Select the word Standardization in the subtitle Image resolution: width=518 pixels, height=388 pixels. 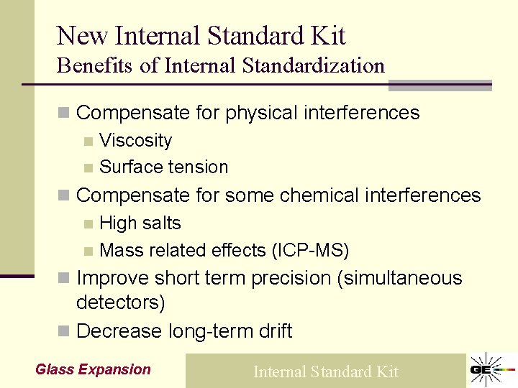click(x=314, y=65)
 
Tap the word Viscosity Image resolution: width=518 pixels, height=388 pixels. click(x=135, y=140)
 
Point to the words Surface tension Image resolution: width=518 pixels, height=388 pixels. click(x=163, y=167)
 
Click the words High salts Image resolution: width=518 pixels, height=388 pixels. click(x=140, y=223)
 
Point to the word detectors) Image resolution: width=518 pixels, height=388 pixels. click(x=120, y=302)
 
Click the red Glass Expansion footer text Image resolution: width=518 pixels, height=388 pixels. click(x=93, y=369)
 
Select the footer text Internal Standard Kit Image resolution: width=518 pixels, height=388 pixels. click(x=325, y=371)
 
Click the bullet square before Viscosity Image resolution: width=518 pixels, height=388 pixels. click(x=88, y=142)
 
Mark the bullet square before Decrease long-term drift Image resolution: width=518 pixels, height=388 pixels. click(x=64, y=332)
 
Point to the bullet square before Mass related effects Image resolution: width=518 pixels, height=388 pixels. click(x=88, y=251)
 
